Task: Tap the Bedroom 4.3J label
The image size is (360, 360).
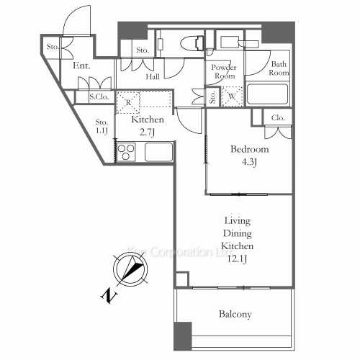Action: (x=249, y=154)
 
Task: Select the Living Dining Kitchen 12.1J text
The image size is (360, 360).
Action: (x=241, y=241)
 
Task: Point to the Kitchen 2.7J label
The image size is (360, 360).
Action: (x=148, y=125)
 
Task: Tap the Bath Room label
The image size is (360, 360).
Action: (x=279, y=68)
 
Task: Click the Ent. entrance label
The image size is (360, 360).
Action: (x=81, y=66)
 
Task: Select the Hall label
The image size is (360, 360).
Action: (x=153, y=77)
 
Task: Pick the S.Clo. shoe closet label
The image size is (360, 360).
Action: (x=98, y=96)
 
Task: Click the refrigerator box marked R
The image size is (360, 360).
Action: (x=127, y=102)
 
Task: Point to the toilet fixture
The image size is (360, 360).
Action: (x=191, y=41)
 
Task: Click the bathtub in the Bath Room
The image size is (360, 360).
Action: (x=268, y=94)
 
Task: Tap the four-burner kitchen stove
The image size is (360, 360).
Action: (x=127, y=152)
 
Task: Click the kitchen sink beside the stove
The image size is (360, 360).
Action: (x=158, y=152)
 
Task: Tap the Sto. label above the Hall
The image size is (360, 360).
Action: (x=142, y=50)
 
